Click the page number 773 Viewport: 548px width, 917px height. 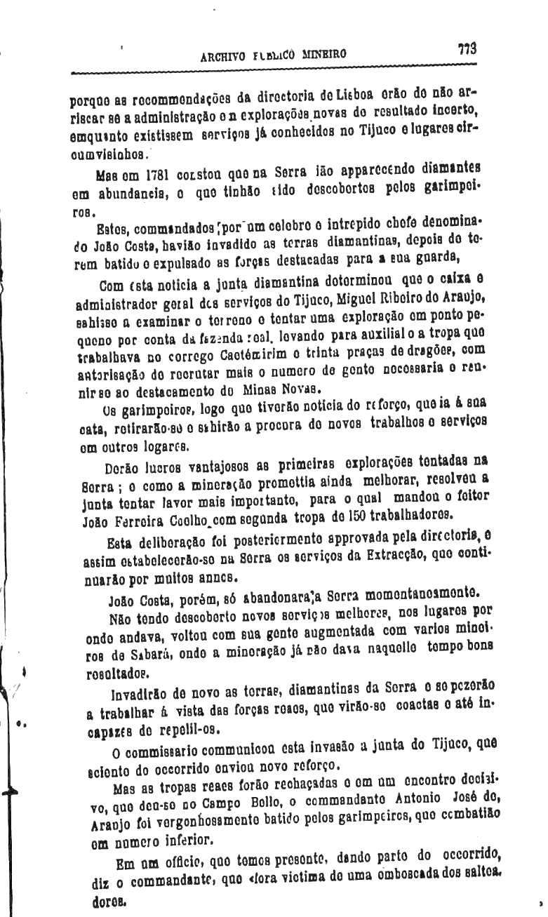(x=467, y=49)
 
